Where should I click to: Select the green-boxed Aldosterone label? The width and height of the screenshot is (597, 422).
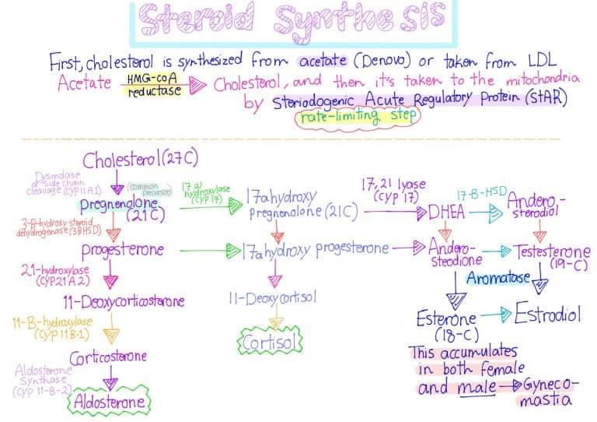point(110,402)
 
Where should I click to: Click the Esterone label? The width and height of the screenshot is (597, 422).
point(445,319)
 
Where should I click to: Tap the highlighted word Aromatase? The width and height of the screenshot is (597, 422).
point(499,277)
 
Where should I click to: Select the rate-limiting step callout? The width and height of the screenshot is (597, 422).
point(356,118)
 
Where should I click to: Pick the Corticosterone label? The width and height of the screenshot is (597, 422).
point(108,357)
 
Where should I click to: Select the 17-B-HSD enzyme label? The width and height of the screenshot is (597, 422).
point(477,192)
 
